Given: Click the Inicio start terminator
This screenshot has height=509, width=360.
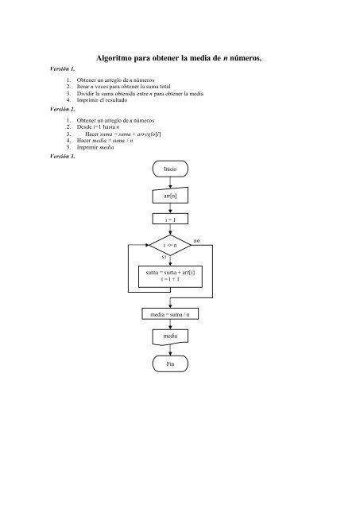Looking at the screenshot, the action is [170, 169].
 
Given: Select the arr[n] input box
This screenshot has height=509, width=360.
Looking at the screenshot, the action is [170, 196].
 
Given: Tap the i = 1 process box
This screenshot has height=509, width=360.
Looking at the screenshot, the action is [170, 220].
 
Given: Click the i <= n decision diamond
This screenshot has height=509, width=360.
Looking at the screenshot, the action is [170, 245].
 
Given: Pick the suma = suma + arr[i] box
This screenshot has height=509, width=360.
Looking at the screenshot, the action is [170, 277].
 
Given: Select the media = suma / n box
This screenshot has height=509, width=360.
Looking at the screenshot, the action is [170, 314].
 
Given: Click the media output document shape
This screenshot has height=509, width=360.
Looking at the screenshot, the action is [170, 337].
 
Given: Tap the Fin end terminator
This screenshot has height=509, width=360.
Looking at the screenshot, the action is [170, 363].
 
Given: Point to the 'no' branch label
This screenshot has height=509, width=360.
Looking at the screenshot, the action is [196, 241].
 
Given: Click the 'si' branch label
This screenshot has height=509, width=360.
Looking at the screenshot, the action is [164, 257].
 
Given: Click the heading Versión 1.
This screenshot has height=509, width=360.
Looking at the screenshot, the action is [62, 69].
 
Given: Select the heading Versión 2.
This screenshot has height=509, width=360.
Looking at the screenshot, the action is [62, 109].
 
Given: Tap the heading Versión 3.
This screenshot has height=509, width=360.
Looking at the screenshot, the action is [62, 156].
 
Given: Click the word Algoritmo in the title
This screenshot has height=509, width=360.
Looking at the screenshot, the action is [114, 58].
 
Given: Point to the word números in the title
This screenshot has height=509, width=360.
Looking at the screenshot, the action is [246, 58].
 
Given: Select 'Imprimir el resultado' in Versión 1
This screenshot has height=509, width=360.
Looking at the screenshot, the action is [102, 100].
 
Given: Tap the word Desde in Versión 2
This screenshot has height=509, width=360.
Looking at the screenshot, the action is [84, 127].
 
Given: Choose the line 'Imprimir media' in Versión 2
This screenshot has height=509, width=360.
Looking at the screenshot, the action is [95, 147].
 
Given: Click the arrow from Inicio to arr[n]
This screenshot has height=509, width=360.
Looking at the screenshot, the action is [170, 182].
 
